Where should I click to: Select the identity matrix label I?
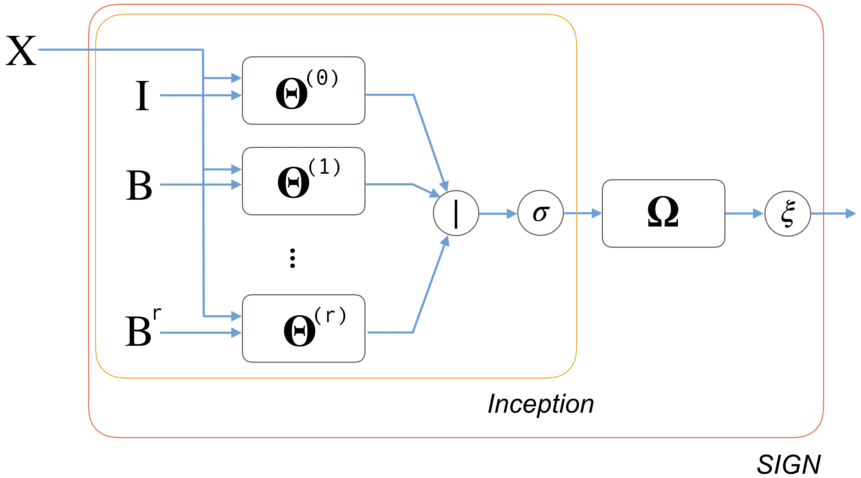(x=142, y=96)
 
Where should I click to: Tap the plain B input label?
(x=139, y=185)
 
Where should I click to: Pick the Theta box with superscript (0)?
(x=303, y=91)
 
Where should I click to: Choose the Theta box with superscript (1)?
(x=303, y=181)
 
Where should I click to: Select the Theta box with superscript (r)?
(x=303, y=328)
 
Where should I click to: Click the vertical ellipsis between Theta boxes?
(x=293, y=258)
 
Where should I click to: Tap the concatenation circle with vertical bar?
(x=456, y=213)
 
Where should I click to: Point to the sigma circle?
(x=541, y=213)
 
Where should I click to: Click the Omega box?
(x=663, y=214)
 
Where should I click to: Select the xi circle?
(x=788, y=214)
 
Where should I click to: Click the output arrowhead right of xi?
(x=850, y=214)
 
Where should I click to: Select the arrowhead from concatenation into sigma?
(x=511, y=214)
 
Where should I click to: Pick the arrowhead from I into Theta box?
(x=236, y=95)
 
